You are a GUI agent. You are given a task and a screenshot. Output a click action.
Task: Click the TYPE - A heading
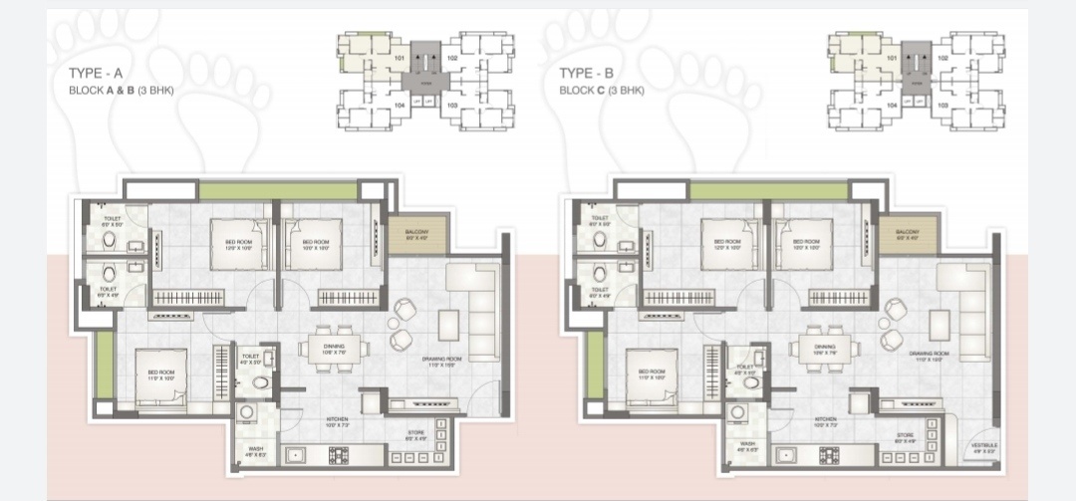[94, 74]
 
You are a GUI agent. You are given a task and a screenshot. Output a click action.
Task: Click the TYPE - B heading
[585, 74]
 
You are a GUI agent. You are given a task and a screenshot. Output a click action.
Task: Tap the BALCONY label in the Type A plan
[414, 235]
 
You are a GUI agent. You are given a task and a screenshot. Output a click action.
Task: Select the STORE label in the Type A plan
[414, 436]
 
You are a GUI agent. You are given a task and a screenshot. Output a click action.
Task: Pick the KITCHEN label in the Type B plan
[825, 422]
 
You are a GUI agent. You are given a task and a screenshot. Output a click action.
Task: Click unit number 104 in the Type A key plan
[399, 104]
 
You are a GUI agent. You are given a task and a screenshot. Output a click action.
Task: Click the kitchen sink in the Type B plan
[787, 456]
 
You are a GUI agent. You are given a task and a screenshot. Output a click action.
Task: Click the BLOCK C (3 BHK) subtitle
[601, 91]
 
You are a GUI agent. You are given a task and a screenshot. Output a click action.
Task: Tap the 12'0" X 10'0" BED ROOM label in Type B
[720, 243]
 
